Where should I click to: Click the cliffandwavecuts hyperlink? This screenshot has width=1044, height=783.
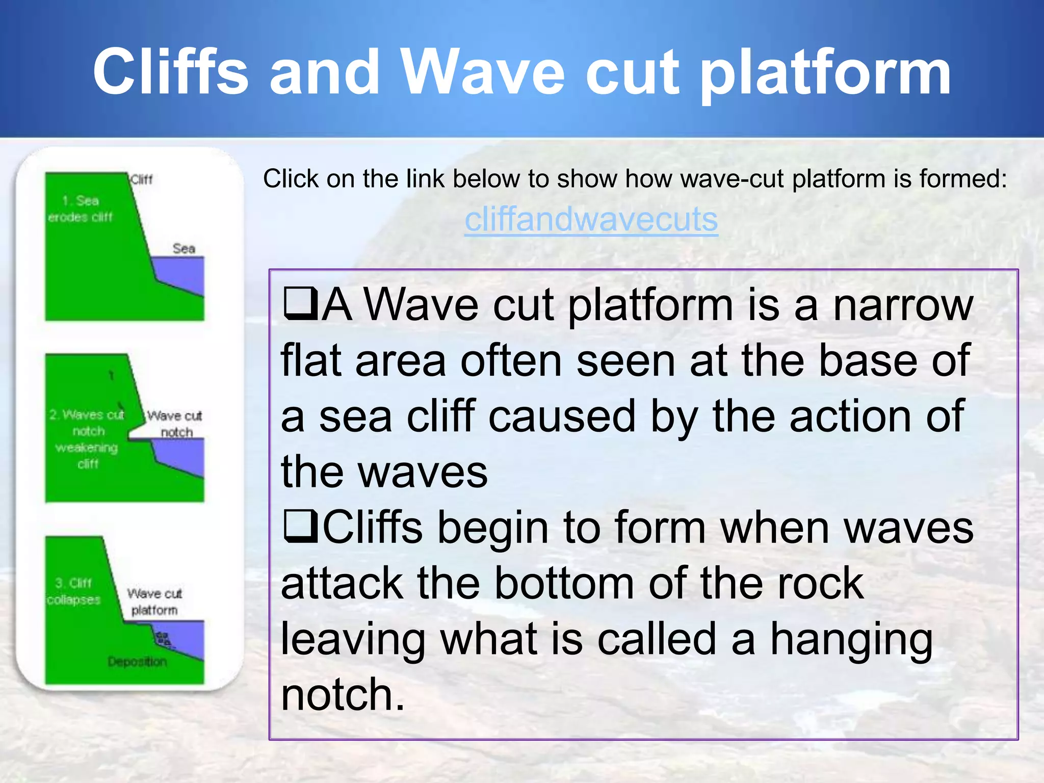591,220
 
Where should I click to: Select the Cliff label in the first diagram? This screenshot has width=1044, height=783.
141,179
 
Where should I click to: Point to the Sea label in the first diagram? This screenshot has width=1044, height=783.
184,249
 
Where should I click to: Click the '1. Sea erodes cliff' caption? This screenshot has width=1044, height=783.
81,208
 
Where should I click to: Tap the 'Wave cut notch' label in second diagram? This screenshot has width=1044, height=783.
175,424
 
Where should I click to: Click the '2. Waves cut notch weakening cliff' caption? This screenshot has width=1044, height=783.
87,439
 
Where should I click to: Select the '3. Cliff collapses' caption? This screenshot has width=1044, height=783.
73,591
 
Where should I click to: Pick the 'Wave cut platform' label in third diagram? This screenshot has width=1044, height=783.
154,602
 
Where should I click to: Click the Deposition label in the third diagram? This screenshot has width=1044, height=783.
137,662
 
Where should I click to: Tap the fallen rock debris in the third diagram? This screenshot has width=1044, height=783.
163,639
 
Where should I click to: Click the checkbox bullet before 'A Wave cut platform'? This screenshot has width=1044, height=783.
300,304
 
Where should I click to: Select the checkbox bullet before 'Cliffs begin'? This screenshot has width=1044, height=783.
300,528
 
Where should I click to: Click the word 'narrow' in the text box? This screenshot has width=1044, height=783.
903,305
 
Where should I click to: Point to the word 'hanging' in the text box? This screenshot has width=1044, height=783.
851,640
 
